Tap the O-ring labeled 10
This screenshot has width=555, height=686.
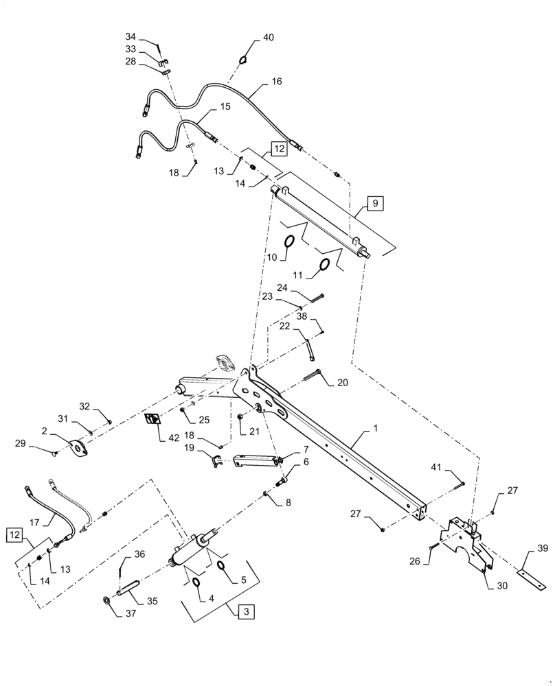[289, 241]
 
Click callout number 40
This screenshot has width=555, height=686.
[267, 38]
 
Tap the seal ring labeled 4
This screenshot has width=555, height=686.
[196, 582]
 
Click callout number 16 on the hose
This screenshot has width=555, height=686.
[275, 81]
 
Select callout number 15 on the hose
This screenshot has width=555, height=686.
[225, 106]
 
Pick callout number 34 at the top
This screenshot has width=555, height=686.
[131, 36]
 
